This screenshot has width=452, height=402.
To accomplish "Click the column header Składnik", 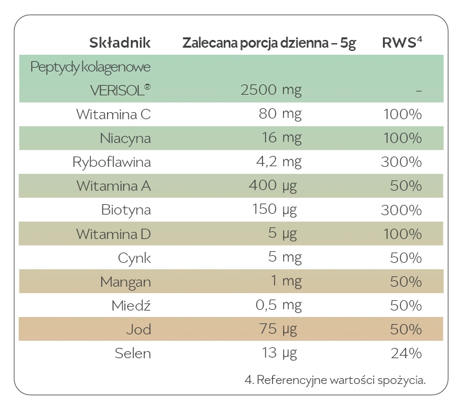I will coord(119,43).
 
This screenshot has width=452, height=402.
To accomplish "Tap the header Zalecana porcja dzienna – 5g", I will coord(269,43).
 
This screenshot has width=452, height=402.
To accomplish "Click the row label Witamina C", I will coord(113,115).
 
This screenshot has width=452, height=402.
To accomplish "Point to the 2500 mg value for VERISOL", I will coord(271,91).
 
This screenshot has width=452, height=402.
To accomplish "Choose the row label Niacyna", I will coord(125,139).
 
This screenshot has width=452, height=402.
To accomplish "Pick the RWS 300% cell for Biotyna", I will coord(401,210).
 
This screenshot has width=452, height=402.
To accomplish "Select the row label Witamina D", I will coord(113,234).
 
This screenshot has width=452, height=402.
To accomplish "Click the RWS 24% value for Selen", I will coord(406,353).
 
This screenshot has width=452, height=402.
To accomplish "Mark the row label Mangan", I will coord(125,282).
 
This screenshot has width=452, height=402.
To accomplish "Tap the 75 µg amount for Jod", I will coord(279,329).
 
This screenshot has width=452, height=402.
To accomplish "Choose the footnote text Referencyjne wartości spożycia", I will coord(335,379).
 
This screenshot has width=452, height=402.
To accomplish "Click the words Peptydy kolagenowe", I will coord(90,67).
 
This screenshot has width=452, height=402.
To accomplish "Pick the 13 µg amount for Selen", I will coord(279,353).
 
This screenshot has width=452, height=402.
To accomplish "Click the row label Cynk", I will coord(134,258).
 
